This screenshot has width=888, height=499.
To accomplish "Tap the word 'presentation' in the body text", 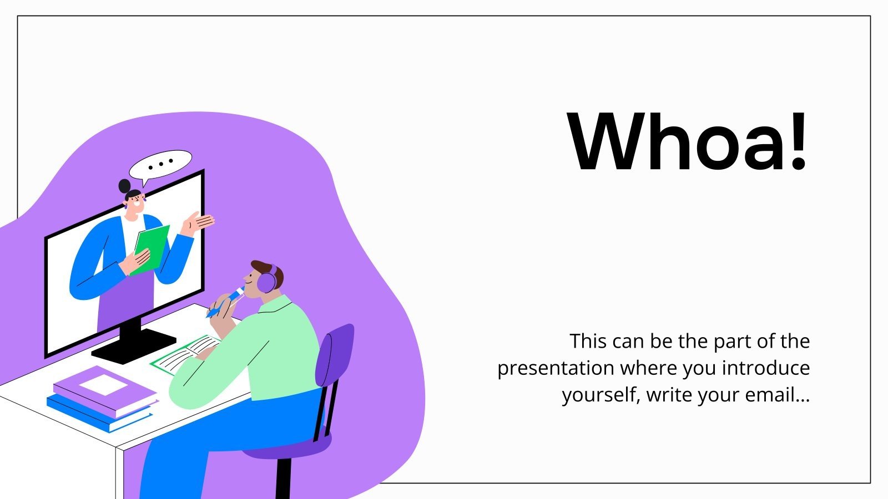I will click(x=556, y=368).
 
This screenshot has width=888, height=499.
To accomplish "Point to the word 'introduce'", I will click(x=766, y=368).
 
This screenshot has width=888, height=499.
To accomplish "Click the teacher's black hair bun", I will click(x=125, y=185).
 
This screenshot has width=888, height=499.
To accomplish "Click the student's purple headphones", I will click(x=268, y=279).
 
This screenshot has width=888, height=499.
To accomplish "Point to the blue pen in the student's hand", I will click(x=226, y=303).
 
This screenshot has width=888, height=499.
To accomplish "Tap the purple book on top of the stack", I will click(x=105, y=391).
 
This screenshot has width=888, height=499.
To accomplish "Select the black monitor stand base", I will click(x=133, y=345).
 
